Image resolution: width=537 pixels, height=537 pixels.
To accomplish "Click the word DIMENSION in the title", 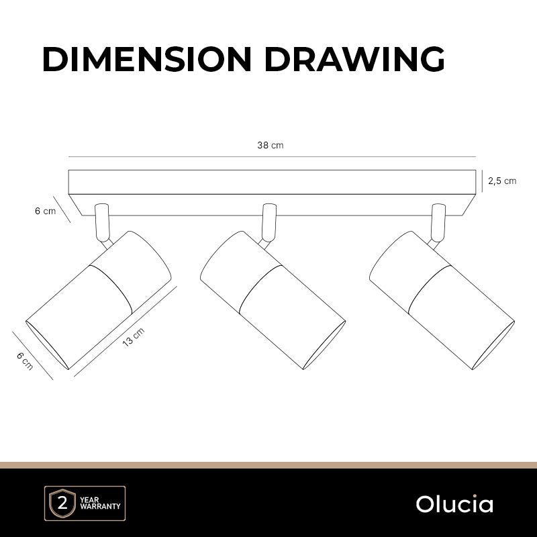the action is point(147,59).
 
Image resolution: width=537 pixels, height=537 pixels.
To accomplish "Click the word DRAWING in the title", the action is point(355,59).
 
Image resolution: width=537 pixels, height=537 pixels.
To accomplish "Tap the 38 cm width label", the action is point(271,145).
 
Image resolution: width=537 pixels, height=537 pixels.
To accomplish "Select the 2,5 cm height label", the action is point(502,181).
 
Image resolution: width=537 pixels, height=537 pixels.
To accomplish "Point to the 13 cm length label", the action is point(134,337).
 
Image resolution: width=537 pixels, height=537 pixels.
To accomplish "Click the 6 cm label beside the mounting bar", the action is point(45,211).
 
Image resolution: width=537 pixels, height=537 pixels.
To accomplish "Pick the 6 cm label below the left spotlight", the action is point(25,361).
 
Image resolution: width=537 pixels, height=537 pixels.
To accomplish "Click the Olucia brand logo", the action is point(454,504).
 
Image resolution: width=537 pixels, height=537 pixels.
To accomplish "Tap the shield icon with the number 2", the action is point(62,503).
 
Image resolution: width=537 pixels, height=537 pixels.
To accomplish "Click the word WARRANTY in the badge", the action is point(100,506).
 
